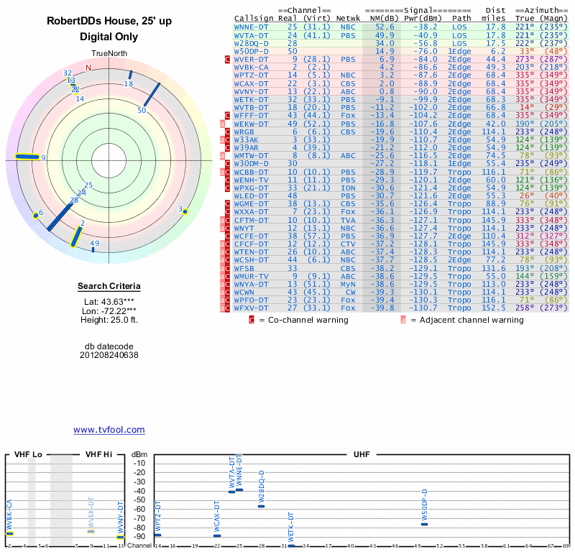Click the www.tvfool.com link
pos(109,430)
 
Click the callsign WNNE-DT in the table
pos(251,26)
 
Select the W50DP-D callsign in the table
pos(251,52)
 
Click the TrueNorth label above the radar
pos(109,55)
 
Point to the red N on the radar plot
pos(88,68)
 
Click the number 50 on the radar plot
pos(142,111)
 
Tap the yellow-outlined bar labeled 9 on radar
pos(29,157)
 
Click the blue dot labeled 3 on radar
pos(185,211)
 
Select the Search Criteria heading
pos(109,287)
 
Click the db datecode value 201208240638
pos(109,355)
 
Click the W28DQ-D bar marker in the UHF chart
pos(262,506)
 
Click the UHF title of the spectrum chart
pos(362,455)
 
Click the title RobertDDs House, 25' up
pos(109,22)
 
